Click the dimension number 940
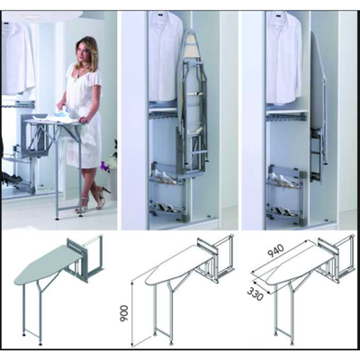click(275, 251)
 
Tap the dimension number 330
click(256, 292)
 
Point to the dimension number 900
click(124, 314)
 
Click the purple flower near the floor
click(104, 166)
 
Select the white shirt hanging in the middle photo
click(165, 56)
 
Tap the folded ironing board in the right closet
click(318, 99)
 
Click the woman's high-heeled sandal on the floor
click(102, 197)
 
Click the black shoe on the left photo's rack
click(12, 179)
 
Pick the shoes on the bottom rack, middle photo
click(166, 208)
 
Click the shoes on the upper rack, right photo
click(285, 180)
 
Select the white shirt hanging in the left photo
click(19, 58)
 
